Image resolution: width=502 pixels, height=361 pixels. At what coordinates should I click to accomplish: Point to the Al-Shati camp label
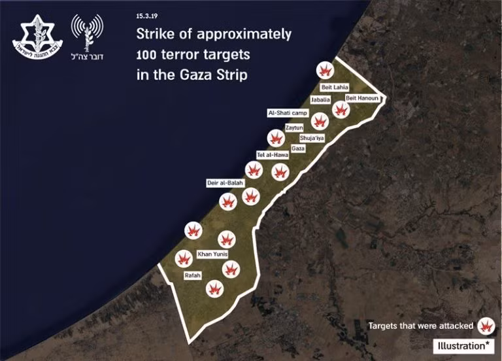[x=288, y=112]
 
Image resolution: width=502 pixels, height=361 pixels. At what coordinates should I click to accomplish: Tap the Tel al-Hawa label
[x=273, y=155]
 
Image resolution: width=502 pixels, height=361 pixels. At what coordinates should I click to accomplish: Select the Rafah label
[x=192, y=275]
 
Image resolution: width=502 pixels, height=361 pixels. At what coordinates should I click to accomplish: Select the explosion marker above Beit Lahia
[x=325, y=71]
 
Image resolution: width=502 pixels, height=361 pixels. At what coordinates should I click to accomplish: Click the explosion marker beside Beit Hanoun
[x=340, y=109]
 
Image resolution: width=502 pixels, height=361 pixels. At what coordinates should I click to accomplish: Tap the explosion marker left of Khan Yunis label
[x=183, y=258]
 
